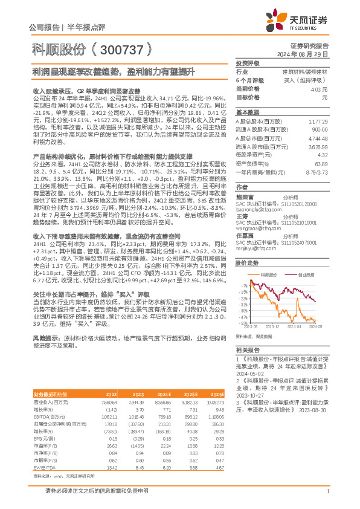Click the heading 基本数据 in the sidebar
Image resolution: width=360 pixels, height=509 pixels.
coord(247,112)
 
